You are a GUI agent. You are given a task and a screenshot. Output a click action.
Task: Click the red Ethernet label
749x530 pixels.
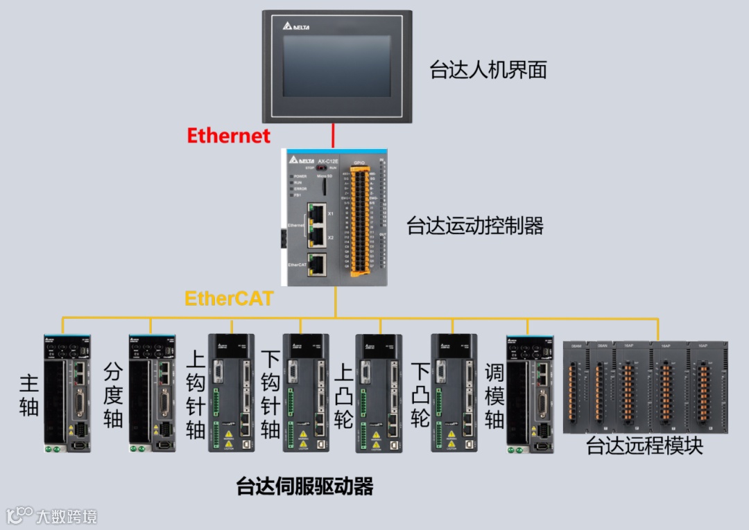(228, 135)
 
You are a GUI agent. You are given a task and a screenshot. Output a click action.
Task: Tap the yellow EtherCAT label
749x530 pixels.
(229, 299)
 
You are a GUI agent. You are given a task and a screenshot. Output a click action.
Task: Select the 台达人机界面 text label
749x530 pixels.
(488, 69)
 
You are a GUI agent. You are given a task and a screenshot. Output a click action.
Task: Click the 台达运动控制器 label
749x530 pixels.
(475, 226)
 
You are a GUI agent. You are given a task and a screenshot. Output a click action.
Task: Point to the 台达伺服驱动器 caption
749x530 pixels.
(305, 486)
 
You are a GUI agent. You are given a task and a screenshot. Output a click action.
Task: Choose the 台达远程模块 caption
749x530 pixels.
(644, 445)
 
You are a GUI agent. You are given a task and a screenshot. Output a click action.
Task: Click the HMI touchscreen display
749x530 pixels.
(336, 66)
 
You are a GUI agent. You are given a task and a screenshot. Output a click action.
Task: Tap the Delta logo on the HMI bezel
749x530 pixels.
(296, 26)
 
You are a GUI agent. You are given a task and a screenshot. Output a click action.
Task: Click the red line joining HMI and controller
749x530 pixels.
(334, 136)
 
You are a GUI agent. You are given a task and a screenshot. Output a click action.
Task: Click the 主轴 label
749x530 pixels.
(28, 394)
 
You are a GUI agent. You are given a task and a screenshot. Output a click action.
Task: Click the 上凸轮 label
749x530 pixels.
(343, 395)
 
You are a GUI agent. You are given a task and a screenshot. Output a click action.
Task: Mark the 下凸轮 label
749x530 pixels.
(420, 395)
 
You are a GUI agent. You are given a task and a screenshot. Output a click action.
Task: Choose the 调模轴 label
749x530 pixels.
(494, 395)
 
